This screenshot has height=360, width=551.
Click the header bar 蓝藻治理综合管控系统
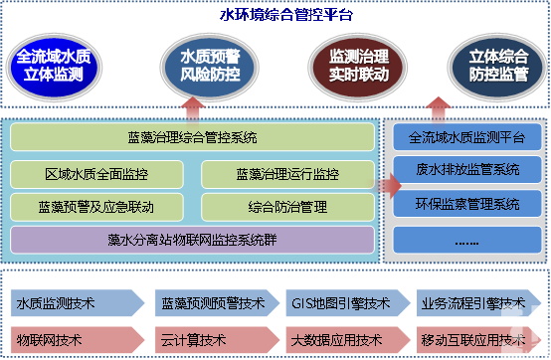point(193,137)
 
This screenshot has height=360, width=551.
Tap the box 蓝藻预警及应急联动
point(96,207)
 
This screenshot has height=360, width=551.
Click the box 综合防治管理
point(287,207)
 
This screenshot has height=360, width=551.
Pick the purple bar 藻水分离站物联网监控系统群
point(193,240)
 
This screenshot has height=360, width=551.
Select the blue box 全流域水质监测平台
point(467,135)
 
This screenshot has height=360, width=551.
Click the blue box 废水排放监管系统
point(467,169)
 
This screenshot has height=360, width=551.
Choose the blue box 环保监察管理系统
point(467,204)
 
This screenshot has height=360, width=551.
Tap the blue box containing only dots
point(467,240)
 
